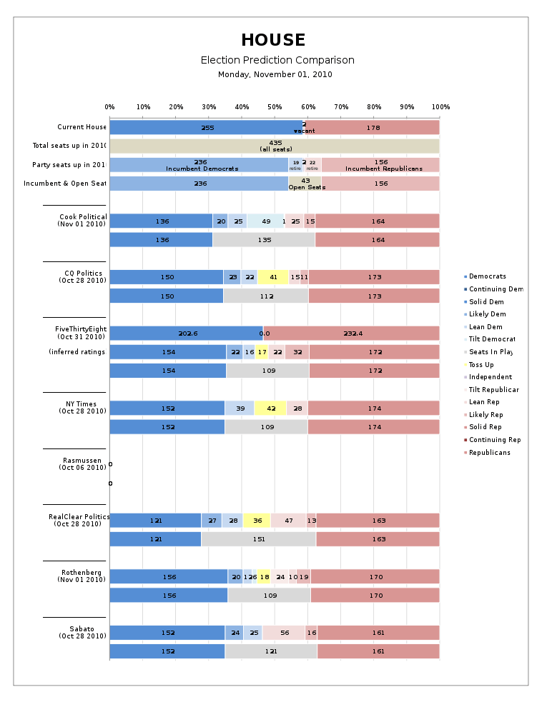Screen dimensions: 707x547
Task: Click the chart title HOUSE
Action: coord(273,40)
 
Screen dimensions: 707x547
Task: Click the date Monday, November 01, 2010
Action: coord(275,74)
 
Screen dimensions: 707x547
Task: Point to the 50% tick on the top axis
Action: coord(275,107)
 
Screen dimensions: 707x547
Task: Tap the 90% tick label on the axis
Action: coord(408,107)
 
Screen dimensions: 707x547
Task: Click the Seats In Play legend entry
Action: coord(491,352)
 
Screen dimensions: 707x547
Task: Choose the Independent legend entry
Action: coord(490,377)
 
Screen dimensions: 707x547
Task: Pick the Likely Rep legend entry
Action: coord(486,415)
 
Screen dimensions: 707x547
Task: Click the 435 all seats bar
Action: coord(275,146)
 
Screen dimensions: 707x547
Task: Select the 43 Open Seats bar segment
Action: coord(305,184)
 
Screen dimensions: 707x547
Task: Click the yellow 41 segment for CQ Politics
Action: coord(272,277)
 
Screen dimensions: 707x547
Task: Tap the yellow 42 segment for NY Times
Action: coord(270,408)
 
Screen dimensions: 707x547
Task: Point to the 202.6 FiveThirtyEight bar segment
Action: coord(187,333)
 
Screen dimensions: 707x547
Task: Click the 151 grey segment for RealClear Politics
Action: coord(258,538)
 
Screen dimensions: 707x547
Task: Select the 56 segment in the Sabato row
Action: coord(284,633)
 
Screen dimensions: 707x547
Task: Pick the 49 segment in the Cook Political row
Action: coord(265,221)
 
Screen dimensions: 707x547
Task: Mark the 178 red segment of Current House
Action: coord(373,128)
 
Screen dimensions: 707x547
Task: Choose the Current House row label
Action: coord(82,128)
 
